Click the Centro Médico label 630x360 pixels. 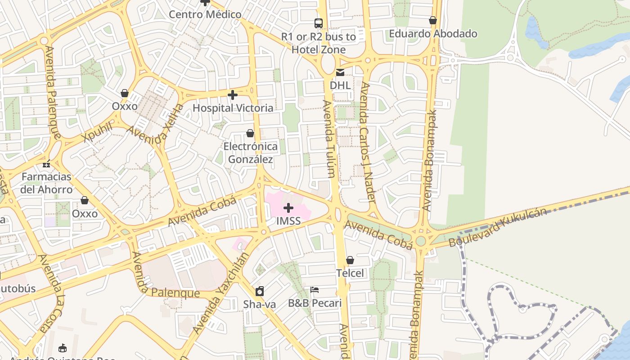205,14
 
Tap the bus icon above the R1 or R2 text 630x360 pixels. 318,23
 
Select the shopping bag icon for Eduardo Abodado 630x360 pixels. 432,20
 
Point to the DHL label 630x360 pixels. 340,85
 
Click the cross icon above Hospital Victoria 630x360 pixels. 232,95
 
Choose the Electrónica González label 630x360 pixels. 250,153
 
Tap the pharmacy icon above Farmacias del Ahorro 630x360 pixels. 46,164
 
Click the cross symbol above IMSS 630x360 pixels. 288,208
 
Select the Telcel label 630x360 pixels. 350,273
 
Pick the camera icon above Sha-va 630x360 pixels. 259,291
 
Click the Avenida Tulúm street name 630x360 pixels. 329,139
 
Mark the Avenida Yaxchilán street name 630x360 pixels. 220,293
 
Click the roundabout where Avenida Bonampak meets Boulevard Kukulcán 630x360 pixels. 421,241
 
